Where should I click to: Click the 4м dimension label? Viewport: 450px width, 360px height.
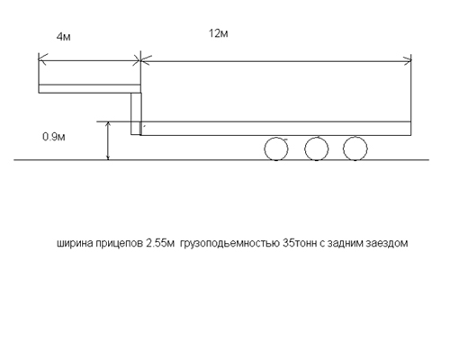(x=64, y=37)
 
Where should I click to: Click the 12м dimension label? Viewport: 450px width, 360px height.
(x=219, y=33)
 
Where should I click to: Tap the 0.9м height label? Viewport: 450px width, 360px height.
(x=54, y=137)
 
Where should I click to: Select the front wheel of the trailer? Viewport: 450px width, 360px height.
(x=276, y=148)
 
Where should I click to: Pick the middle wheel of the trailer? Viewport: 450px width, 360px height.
(x=317, y=148)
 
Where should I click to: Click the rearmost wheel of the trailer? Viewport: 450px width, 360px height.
(x=355, y=148)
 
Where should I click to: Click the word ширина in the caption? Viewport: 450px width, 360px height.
(x=76, y=243)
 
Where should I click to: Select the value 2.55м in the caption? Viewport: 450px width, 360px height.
(x=160, y=243)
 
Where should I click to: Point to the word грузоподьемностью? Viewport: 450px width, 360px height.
(x=230, y=243)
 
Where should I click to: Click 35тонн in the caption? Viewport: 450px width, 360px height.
(x=300, y=243)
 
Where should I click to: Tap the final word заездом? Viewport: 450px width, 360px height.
(x=387, y=243)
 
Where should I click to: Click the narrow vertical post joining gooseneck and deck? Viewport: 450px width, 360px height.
(x=136, y=113)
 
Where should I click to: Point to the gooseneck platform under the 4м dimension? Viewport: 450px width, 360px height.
(x=90, y=88)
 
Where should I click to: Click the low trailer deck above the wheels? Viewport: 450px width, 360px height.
(x=275, y=129)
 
